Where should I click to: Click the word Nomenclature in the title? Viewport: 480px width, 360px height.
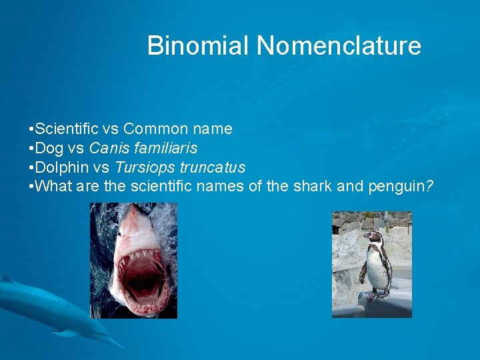[339, 46]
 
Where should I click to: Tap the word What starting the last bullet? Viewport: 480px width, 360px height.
[55, 187]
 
